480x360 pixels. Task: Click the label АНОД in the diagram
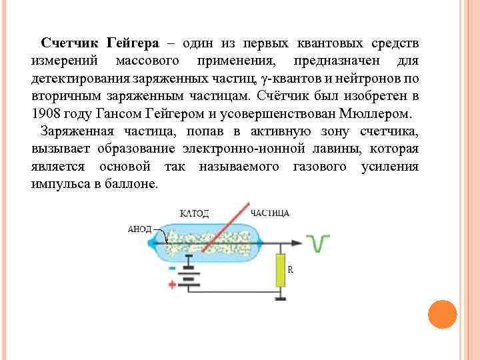(x=139, y=229)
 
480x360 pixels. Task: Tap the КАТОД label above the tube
(x=195, y=213)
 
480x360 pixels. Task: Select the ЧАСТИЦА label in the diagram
(x=270, y=213)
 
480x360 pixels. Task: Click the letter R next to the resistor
(x=290, y=269)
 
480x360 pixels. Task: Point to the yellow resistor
(x=281, y=269)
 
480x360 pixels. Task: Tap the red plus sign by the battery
(x=172, y=285)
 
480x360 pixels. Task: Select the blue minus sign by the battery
(x=172, y=267)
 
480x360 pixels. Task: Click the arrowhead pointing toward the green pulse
(x=297, y=237)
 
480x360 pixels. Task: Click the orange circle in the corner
(x=441, y=315)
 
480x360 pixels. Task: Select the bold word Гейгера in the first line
(x=133, y=43)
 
